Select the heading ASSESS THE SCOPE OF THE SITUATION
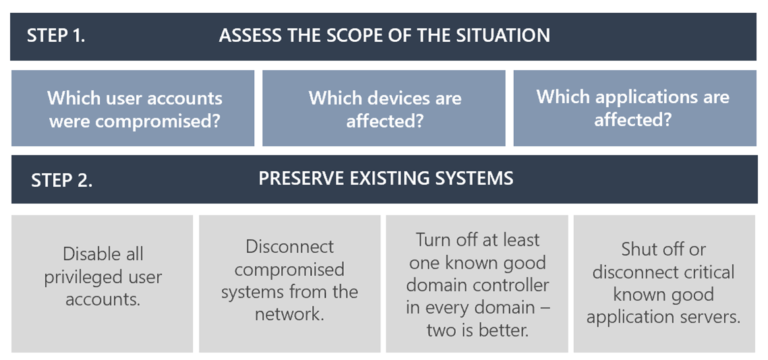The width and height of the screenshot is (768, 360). click(x=384, y=36)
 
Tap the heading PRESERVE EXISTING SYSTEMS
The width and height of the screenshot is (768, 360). click(x=385, y=179)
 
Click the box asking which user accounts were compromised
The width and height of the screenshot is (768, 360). click(x=133, y=109)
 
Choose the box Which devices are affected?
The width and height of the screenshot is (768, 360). click(x=384, y=109)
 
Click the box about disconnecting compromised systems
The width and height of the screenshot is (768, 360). click(x=289, y=283)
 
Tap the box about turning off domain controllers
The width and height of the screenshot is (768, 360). click(x=477, y=283)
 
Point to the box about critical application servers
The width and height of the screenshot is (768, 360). click(x=664, y=283)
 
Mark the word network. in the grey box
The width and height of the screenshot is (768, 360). click(x=289, y=313)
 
